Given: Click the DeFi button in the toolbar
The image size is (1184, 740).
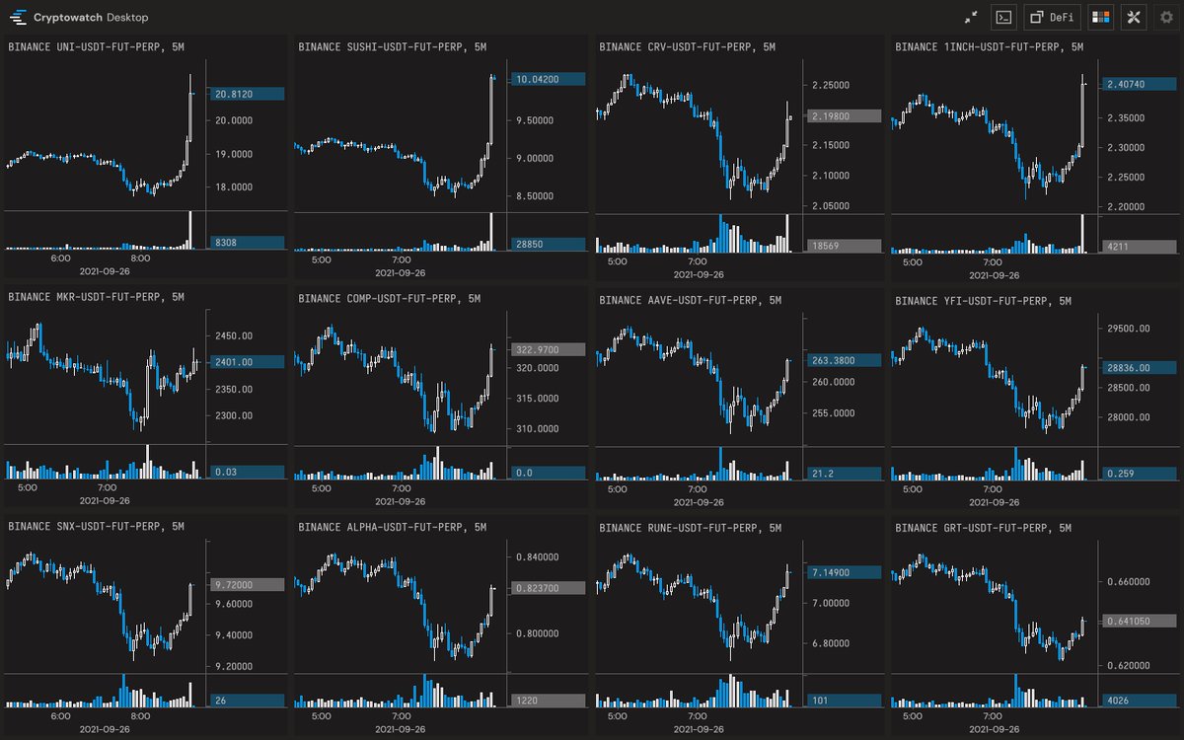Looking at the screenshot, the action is tap(1053, 18).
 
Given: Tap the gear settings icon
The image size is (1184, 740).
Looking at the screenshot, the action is tap(1166, 18).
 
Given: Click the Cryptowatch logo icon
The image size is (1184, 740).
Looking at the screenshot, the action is tap(18, 18).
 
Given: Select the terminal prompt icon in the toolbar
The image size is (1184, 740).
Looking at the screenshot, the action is tap(1003, 18).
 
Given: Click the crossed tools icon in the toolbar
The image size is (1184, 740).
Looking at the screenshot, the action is tap(1134, 18).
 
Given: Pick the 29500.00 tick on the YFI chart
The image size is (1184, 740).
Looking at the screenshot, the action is tap(1129, 329).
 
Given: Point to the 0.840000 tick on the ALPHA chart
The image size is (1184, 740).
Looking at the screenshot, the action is tap(537, 557).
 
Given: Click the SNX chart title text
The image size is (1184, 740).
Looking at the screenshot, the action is tap(96, 527).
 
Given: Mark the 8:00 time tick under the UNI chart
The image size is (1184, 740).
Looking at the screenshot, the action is tap(140, 258).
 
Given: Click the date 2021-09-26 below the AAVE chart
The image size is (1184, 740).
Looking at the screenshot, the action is tap(699, 502).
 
